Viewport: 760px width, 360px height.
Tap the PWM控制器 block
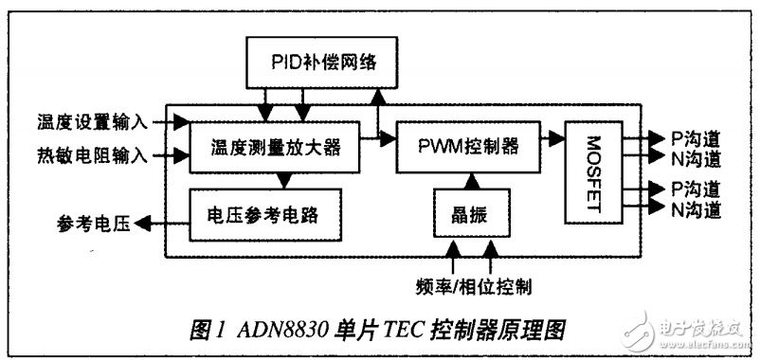[x=467, y=147]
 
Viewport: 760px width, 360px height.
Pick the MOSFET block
[x=592, y=172]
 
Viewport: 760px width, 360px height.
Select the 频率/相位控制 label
[x=473, y=283]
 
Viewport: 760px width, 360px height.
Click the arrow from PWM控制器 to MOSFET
[x=552, y=138]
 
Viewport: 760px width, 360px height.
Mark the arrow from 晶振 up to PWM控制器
[x=471, y=179]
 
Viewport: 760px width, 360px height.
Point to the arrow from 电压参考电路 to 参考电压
[x=162, y=225]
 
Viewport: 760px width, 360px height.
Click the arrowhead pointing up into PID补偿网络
[x=378, y=95]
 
